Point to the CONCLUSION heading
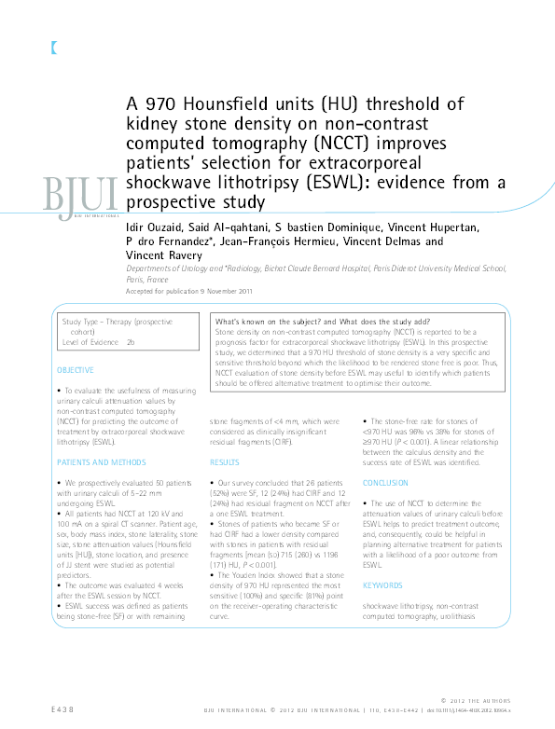(x=385, y=483)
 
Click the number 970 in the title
(x=161, y=103)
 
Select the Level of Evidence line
(x=98, y=343)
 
